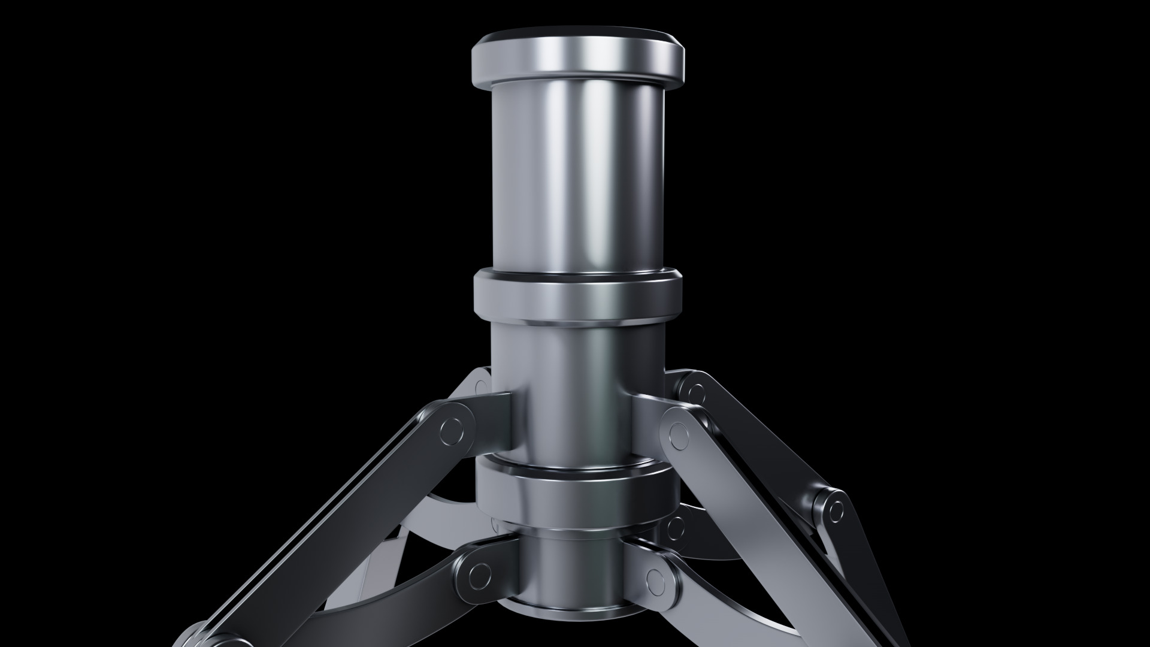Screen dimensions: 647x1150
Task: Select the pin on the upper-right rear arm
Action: tap(695, 393)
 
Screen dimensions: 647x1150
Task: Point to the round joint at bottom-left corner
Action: tap(198, 635)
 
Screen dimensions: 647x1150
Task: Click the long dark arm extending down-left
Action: tap(335, 527)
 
